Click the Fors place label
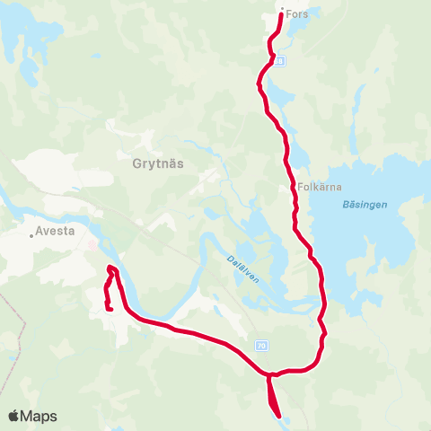point(296,13)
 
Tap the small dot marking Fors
point(282,10)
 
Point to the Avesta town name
point(57,230)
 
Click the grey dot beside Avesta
point(31,236)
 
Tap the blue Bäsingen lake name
point(365,205)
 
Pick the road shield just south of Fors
point(280,61)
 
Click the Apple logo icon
point(14,416)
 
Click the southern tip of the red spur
point(278,416)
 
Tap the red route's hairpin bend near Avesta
point(111,268)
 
